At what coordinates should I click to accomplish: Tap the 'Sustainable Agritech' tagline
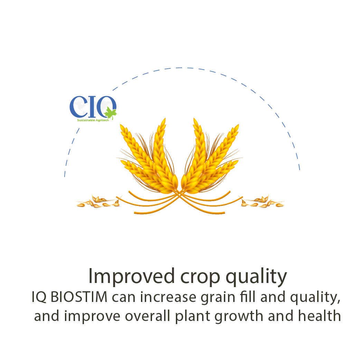click(93, 120)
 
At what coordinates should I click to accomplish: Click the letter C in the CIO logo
click(78, 106)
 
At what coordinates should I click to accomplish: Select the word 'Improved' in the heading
click(132, 276)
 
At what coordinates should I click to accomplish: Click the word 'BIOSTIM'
click(79, 297)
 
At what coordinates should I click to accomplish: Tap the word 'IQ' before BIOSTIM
click(39, 297)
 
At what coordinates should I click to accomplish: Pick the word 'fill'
click(248, 296)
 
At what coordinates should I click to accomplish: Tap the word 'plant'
click(193, 317)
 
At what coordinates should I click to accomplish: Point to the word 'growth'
click(239, 317)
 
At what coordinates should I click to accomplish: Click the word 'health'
click(319, 316)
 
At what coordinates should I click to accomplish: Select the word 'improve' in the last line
click(92, 317)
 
